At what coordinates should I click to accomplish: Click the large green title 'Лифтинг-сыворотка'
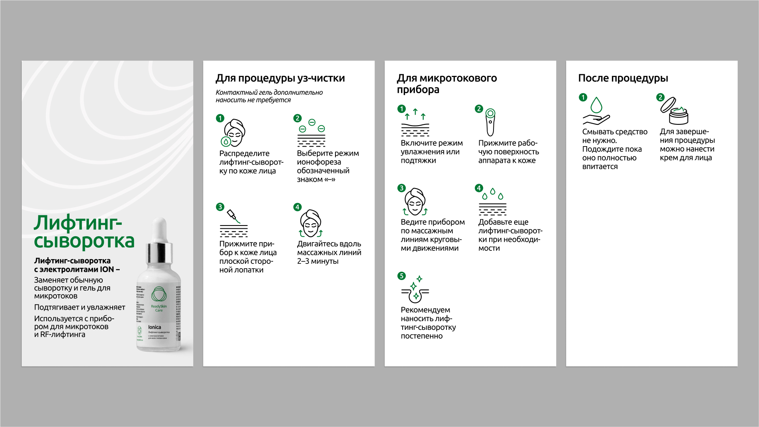84,232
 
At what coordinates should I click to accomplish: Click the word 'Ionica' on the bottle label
154,327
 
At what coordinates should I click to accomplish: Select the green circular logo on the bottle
159,294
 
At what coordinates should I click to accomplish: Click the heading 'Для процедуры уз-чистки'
280,78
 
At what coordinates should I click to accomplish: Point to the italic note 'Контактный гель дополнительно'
269,92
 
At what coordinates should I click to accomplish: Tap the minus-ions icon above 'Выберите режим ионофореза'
311,133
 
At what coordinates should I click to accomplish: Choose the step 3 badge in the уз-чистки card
220,207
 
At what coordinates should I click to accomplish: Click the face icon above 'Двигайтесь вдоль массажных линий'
311,224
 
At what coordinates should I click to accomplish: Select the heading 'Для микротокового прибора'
446,84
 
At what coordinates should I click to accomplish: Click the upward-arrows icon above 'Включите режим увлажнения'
415,123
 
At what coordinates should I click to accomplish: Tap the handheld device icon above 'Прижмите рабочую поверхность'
490,122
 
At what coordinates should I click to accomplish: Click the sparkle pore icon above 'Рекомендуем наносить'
415,290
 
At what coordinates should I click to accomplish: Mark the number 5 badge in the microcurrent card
401,276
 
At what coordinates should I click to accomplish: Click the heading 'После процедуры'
623,78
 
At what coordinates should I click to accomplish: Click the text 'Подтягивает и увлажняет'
79,307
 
